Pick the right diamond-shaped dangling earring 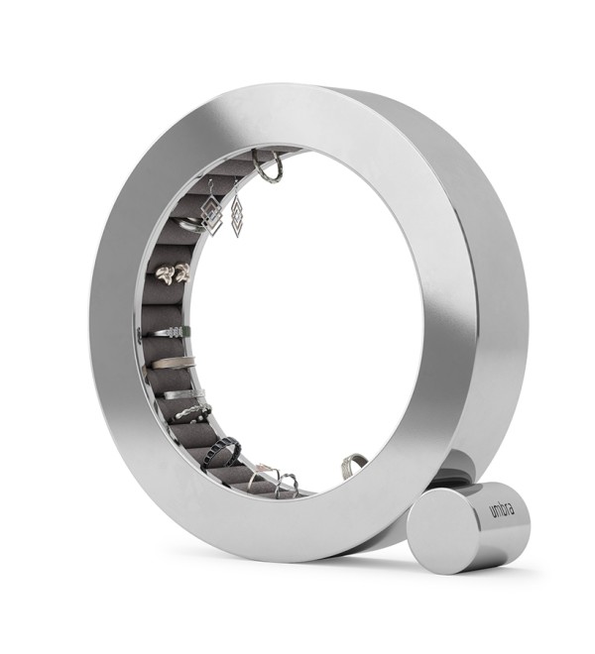click(237, 216)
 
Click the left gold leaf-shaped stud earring click(165, 274)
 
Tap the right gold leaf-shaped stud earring click(182, 272)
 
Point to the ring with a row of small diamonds click(172, 332)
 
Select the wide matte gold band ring click(174, 362)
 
